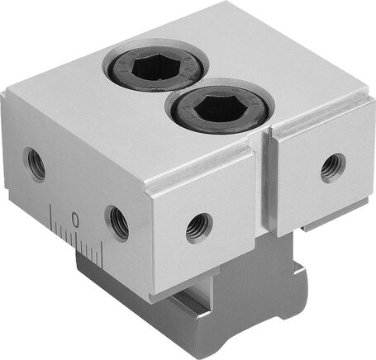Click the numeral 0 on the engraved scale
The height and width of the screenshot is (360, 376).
click(x=75, y=220)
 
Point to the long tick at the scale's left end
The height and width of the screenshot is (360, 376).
click(x=50, y=217)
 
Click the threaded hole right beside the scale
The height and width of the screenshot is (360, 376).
click(x=117, y=224)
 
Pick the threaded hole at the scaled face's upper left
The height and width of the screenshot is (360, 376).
click(x=35, y=164)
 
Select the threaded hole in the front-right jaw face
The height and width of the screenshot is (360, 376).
click(x=333, y=168)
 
